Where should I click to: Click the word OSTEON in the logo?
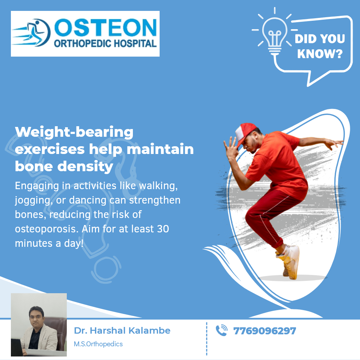tap(105, 27)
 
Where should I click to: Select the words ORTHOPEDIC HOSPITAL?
tap(105, 43)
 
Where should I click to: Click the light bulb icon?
tap(275, 32)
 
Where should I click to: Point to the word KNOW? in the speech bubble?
tap(320, 53)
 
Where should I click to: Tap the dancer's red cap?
tap(245, 133)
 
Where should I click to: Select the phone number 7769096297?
tap(264, 331)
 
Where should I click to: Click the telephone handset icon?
tap(221, 330)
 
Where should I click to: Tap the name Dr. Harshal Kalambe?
tap(122, 330)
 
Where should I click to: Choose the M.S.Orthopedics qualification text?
tap(98, 344)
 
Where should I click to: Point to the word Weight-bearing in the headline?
tap(74, 132)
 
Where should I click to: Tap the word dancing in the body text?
tap(88, 200)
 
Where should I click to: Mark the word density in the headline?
tap(85, 167)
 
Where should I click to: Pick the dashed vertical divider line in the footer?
tap(207, 339)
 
